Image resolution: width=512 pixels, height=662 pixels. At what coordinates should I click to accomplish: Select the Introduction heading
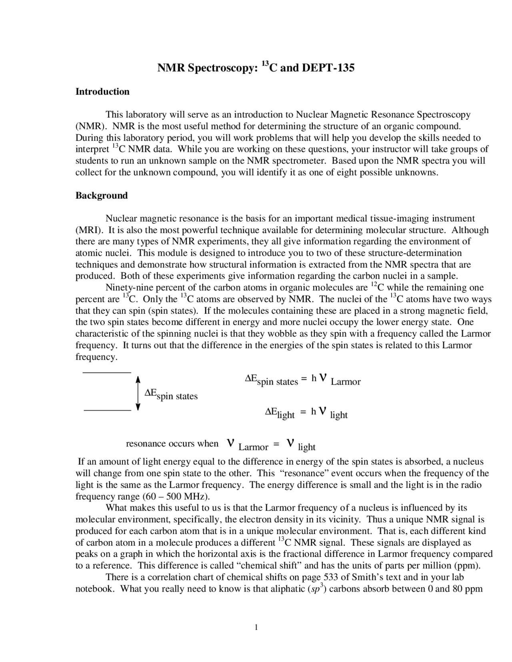tap(102, 92)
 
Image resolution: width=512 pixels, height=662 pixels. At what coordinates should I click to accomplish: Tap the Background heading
tap(102, 195)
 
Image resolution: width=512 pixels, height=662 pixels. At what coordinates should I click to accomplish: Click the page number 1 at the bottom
tap(256, 627)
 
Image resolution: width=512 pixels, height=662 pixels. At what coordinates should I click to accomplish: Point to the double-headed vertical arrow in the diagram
tap(138, 393)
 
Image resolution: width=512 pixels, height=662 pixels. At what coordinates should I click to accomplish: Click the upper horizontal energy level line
tap(107, 373)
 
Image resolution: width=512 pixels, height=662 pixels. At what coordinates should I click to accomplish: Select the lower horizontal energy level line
tap(107, 410)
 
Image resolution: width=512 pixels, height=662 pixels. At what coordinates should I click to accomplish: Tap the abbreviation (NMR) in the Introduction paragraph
tap(91, 126)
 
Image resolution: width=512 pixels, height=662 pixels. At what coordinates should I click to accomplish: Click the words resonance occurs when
tap(172, 444)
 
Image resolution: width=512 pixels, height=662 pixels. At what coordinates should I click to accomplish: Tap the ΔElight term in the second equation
tap(280, 413)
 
